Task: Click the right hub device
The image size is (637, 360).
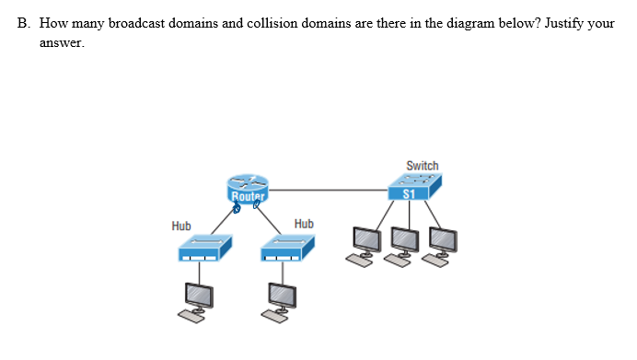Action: pos(287,247)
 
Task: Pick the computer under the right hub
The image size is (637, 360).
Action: pos(279,300)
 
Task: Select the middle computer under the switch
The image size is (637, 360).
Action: pos(405,244)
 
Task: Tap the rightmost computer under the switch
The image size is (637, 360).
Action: pos(442,244)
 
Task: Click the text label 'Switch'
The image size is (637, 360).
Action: pos(423,166)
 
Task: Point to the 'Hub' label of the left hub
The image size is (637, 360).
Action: pos(181,226)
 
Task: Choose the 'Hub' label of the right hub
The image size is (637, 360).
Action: pos(304,224)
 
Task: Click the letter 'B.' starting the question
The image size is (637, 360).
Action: pos(23,22)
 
